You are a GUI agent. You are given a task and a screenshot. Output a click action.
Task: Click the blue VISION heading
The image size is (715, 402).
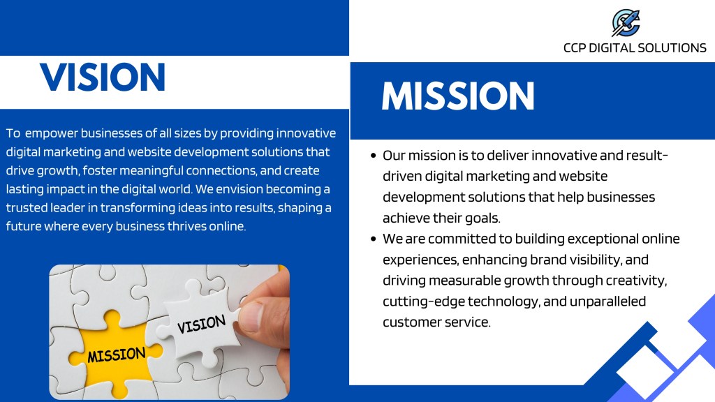pyautogui.click(x=103, y=77)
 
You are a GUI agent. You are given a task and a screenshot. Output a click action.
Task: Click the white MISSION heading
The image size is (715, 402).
pyautogui.click(x=458, y=96)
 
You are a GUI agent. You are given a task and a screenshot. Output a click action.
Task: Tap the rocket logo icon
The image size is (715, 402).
pyautogui.click(x=626, y=23)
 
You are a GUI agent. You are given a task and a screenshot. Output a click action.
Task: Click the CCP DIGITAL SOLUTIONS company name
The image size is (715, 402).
pyautogui.click(x=635, y=48)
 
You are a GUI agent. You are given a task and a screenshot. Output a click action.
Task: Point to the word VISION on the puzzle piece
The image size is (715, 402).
pyautogui.click(x=201, y=324)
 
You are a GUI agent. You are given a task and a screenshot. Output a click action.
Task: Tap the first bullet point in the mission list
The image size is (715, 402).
pyautogui.click(x=374, y=156)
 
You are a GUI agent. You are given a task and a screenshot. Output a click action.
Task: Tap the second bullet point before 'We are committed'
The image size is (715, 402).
pyautogui.click(x=374, y=239)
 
